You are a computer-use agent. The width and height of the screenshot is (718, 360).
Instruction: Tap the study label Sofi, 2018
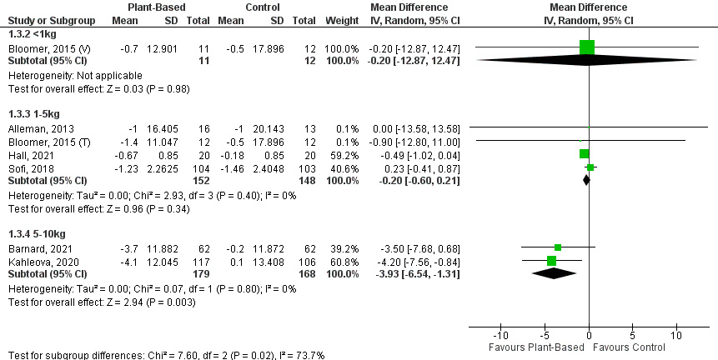(25, 167)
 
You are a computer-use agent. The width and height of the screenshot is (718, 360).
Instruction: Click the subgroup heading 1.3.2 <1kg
(30, 34)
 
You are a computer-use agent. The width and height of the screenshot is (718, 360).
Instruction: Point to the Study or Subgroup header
(49, 19)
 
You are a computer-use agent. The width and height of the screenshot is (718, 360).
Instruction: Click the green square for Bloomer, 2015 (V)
(587, 47)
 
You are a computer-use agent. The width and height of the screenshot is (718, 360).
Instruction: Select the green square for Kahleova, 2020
(552, 261)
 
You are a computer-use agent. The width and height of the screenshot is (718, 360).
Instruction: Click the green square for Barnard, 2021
(558, 247)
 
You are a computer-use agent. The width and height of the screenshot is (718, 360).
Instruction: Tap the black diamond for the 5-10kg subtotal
(555, 274)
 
